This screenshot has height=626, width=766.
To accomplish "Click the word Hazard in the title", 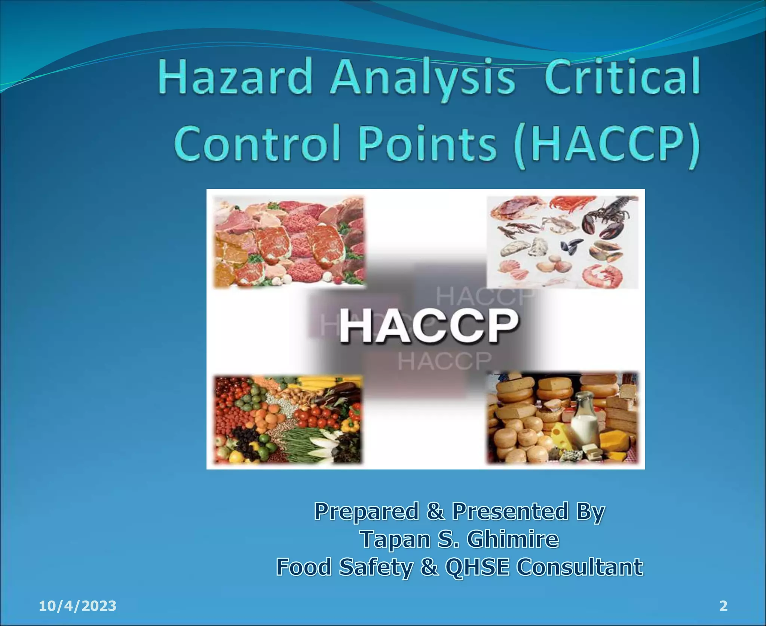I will pos(235,78).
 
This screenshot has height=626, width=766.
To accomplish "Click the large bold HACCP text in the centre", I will pos(429,326).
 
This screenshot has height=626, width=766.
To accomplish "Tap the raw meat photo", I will pos(288,242).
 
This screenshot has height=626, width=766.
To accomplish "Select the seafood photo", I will pos(563,242).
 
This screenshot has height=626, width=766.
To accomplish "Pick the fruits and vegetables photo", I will pos(288,419).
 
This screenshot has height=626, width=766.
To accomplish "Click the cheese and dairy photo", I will pos(563,418).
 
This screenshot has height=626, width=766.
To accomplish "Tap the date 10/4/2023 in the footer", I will pos(77,606).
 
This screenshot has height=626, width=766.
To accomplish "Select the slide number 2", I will pos(723,606).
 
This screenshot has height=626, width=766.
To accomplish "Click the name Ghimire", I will pos(513,539).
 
